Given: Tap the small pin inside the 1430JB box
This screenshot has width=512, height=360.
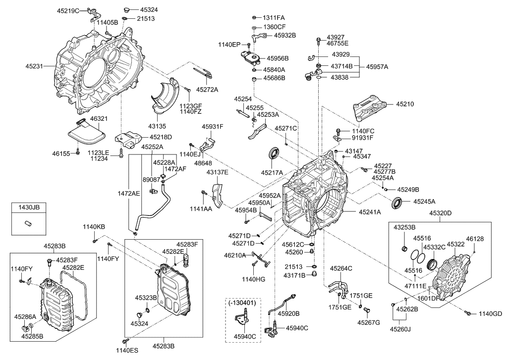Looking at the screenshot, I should tap(28, 223).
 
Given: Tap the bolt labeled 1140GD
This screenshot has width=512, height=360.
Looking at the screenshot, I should tap(467, 313).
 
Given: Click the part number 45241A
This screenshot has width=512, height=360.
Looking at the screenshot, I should tap(370, 212).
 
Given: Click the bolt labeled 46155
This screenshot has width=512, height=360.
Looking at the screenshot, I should tap(78, 151).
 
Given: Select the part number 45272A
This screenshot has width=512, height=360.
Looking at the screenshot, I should tap(207, 90).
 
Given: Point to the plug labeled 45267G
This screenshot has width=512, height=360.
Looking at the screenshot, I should tap(367, 310).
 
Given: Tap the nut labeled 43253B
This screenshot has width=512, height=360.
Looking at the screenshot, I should tap(403, 248).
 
